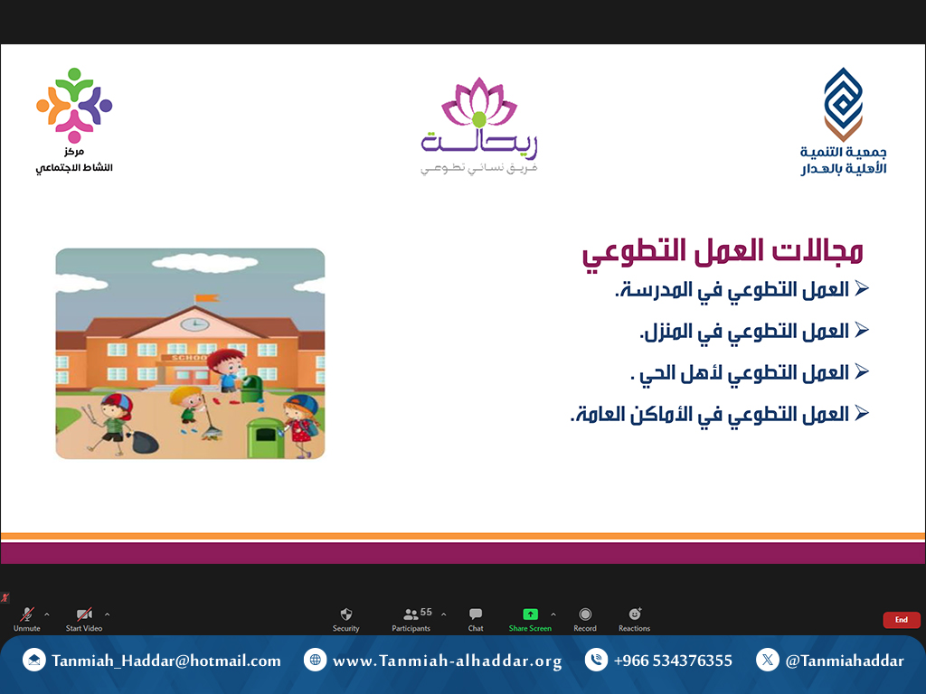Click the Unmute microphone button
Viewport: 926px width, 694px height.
tap(26, 619)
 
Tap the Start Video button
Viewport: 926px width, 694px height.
tap(84, 619)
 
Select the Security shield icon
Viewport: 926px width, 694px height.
tap(346, 614)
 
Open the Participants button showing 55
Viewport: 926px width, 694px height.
tap(411, 619)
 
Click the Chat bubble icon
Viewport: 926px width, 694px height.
tap(476, 614)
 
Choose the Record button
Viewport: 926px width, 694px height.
tap(585, 619)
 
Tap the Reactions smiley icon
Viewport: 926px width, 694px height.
tap(634, 614)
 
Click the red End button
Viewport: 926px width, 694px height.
tap(902, 620)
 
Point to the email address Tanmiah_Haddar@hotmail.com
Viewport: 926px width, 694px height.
tap(166, 661)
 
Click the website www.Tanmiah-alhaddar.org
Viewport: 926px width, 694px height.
tap(447, 661)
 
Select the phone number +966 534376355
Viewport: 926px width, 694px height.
tap(673, 661)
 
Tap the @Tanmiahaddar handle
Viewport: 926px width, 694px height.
tap(845, 661)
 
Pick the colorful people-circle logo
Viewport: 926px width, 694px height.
tap(74, 105)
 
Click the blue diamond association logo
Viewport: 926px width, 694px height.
tap(844, 104)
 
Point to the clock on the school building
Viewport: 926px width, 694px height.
tap(194, 324)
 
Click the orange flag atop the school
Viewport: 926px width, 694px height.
tap(207, 298)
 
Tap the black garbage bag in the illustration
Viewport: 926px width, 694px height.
tap(144, 441)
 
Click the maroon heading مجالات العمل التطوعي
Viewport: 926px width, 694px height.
tap(723, 252)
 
